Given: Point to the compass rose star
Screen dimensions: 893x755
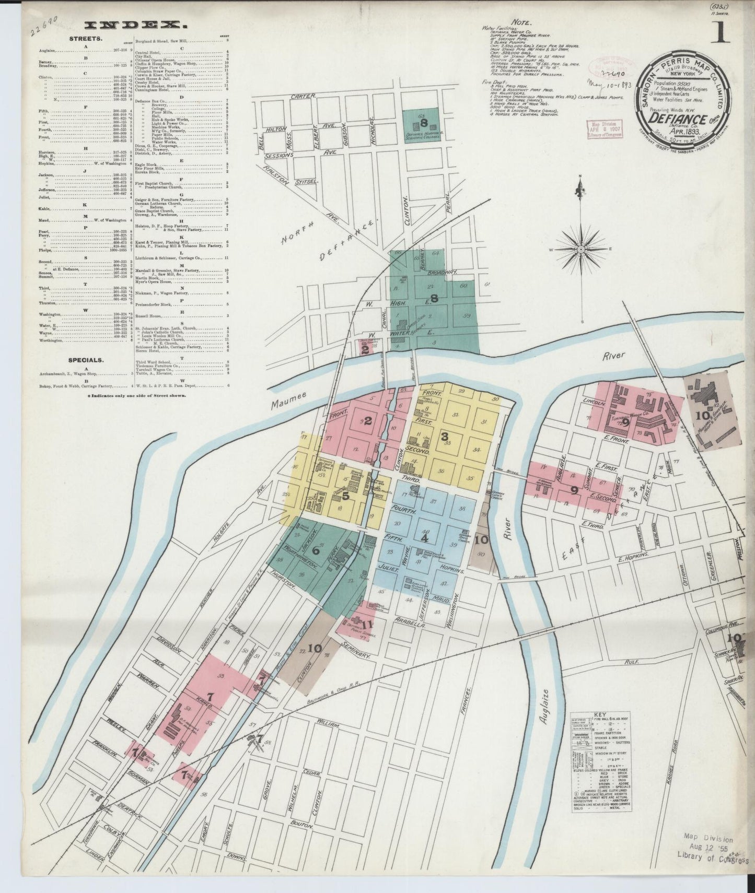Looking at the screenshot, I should (582, 249).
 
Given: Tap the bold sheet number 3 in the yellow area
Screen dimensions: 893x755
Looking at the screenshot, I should (445, 437).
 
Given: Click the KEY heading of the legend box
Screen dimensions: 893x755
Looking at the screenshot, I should (600, 714).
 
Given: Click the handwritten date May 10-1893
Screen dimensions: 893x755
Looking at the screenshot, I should (610, 83).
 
